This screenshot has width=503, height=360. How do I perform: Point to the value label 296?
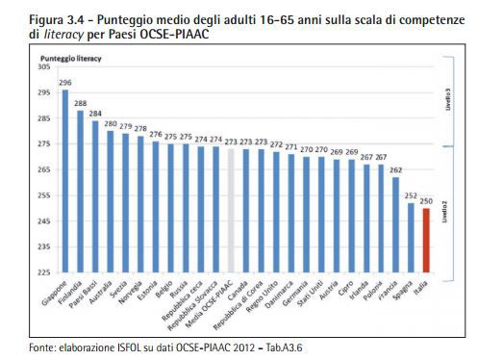click(x=65, y=83)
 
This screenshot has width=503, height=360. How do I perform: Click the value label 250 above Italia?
click(x=426, y=200)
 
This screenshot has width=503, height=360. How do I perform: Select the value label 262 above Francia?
click(x=395, y=169)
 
